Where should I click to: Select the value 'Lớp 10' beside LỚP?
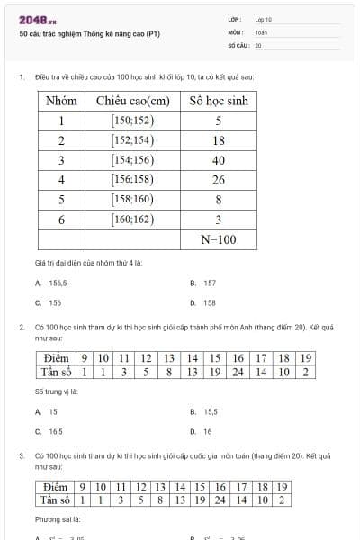pos(263,19)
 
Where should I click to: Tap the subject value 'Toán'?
pos(261,31)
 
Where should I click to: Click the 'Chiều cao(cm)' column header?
pos(133,101)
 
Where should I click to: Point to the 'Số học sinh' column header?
pos(218,101)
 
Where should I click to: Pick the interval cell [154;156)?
pos(132,160)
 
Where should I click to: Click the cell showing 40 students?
pos(218,160)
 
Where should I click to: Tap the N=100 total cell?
pos(218,239)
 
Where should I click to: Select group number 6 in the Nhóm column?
pos(61,220)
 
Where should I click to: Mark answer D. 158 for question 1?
pos(205,303)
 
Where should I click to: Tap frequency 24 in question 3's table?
pos(219,499)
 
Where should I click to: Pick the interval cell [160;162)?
pos(132,220)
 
